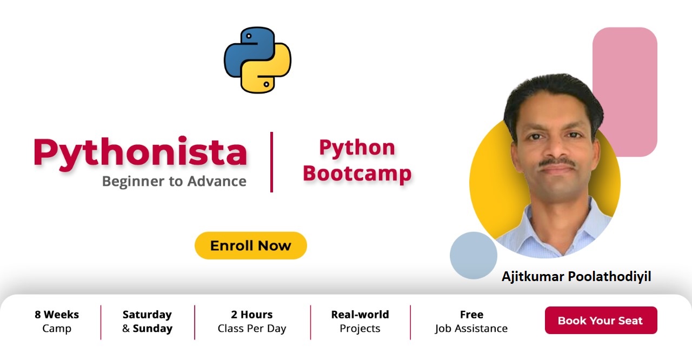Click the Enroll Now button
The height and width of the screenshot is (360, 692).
(250, 245)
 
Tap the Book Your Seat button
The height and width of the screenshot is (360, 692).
(601, 320)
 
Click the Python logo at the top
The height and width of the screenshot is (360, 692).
(257, 60)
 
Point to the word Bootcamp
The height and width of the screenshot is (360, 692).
(357, 174)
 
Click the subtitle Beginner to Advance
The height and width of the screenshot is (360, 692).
(174, 181)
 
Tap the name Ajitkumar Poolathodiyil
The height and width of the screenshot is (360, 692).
(576, 276)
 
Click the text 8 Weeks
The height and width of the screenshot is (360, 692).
(57, 314)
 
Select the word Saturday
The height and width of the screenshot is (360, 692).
(147, 315)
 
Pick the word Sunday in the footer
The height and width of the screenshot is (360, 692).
(152, 329)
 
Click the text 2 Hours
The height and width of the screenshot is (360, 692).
(252, 314)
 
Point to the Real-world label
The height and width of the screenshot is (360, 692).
(360, 314)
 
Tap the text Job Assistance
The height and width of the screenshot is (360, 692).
(471, 329)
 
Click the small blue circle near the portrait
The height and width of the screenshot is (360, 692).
(474, 256)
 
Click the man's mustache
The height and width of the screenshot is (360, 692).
(557, 162)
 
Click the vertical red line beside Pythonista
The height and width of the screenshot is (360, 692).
(271, 162)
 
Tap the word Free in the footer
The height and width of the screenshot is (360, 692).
(471, 314)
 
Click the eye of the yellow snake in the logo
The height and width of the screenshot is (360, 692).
(267, 84)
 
